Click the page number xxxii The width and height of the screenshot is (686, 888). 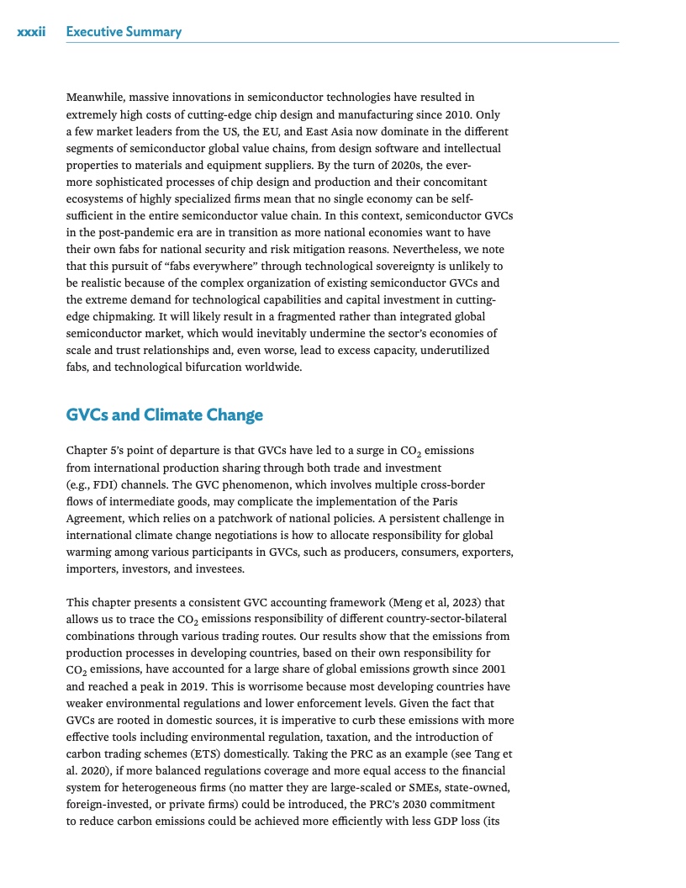pyautogui.click(x=30, y=32)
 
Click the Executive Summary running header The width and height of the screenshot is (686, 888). pyautogui.click(x=124, y=32)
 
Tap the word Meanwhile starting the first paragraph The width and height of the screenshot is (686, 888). pyautogui.click(x=93, y=98)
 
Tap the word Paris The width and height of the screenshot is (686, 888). pyautogui.click(x=491, y=502)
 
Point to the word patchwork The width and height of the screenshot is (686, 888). pyautogui.click(x=260, y=519)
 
